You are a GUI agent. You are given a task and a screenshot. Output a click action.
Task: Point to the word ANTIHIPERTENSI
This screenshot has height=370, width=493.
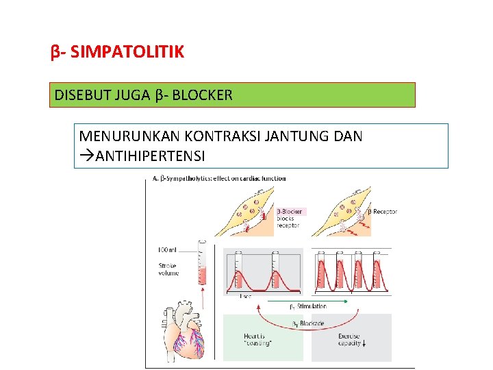151,156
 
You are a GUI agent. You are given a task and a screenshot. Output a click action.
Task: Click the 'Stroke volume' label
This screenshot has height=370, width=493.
168,269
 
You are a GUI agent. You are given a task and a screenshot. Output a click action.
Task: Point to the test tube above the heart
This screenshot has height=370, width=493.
201,264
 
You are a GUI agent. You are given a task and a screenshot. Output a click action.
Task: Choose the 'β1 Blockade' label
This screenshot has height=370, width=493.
309,323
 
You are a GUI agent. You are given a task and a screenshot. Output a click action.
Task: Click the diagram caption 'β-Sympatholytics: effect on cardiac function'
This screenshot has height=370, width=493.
220,179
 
